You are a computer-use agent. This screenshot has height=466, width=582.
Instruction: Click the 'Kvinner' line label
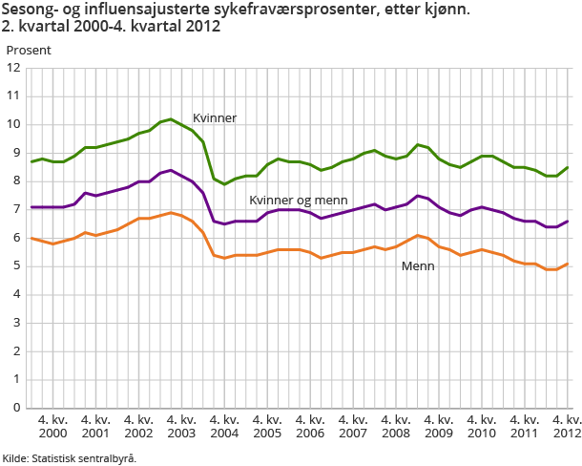pos(215,118)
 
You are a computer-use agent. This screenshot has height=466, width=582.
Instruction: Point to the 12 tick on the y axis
pos(13,68)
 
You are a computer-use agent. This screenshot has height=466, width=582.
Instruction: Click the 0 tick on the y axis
pos(16,408)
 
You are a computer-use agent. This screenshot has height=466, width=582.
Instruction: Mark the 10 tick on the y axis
pos(13,124)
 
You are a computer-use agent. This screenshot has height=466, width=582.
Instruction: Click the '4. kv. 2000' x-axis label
pos(53,427)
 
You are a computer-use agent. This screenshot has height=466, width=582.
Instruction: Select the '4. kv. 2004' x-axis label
pos(224,427)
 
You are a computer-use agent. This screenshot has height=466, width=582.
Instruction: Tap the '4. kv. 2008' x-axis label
pos(396,427)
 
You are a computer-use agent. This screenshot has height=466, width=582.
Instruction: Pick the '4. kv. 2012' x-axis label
pos(567,427)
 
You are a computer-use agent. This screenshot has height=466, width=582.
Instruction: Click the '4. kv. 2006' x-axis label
pos(310,427)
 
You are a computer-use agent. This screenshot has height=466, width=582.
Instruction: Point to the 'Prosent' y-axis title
pos(29,49)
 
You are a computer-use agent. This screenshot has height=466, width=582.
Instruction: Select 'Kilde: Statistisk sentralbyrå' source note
pos(69,457)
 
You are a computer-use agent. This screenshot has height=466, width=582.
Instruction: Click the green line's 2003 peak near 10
pos(171,119)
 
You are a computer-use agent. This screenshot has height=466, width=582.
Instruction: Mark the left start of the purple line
pos(31,207)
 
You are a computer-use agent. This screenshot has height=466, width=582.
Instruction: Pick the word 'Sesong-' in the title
pos(30,11)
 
